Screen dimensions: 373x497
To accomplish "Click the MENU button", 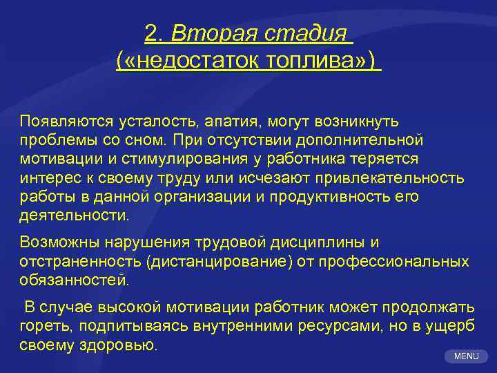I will pos(466,356).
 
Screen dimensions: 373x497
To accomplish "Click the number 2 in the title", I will pos(153,32).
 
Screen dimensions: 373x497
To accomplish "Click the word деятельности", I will pos(74,215).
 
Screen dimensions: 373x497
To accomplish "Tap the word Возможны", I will pos(59,242).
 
